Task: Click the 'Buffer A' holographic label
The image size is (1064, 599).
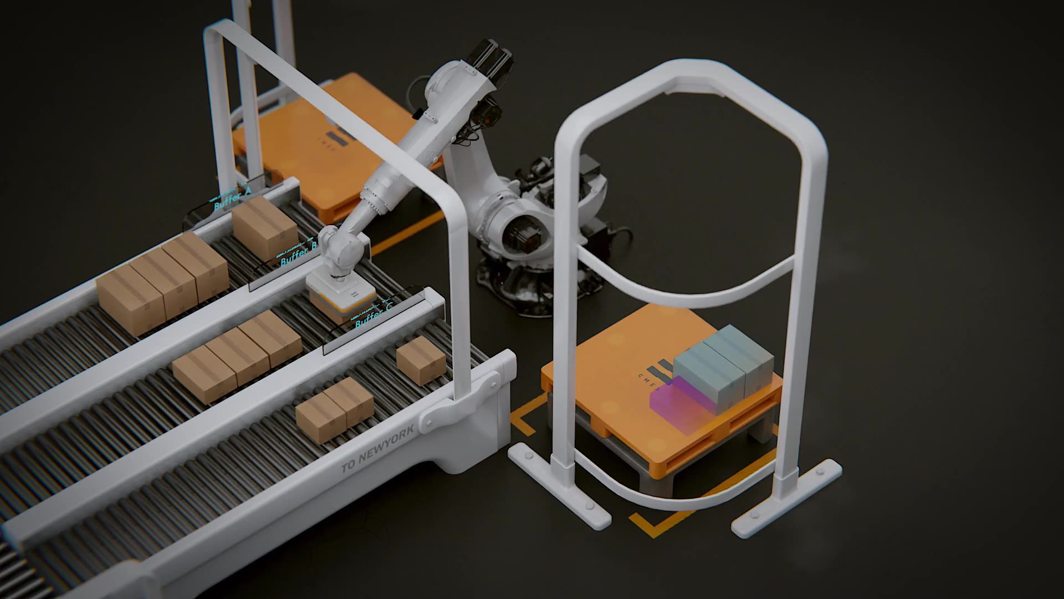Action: point(232,201)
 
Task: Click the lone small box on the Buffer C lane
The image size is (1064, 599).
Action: point(421,360)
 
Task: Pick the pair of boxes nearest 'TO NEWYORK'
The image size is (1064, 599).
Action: point(334,409)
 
